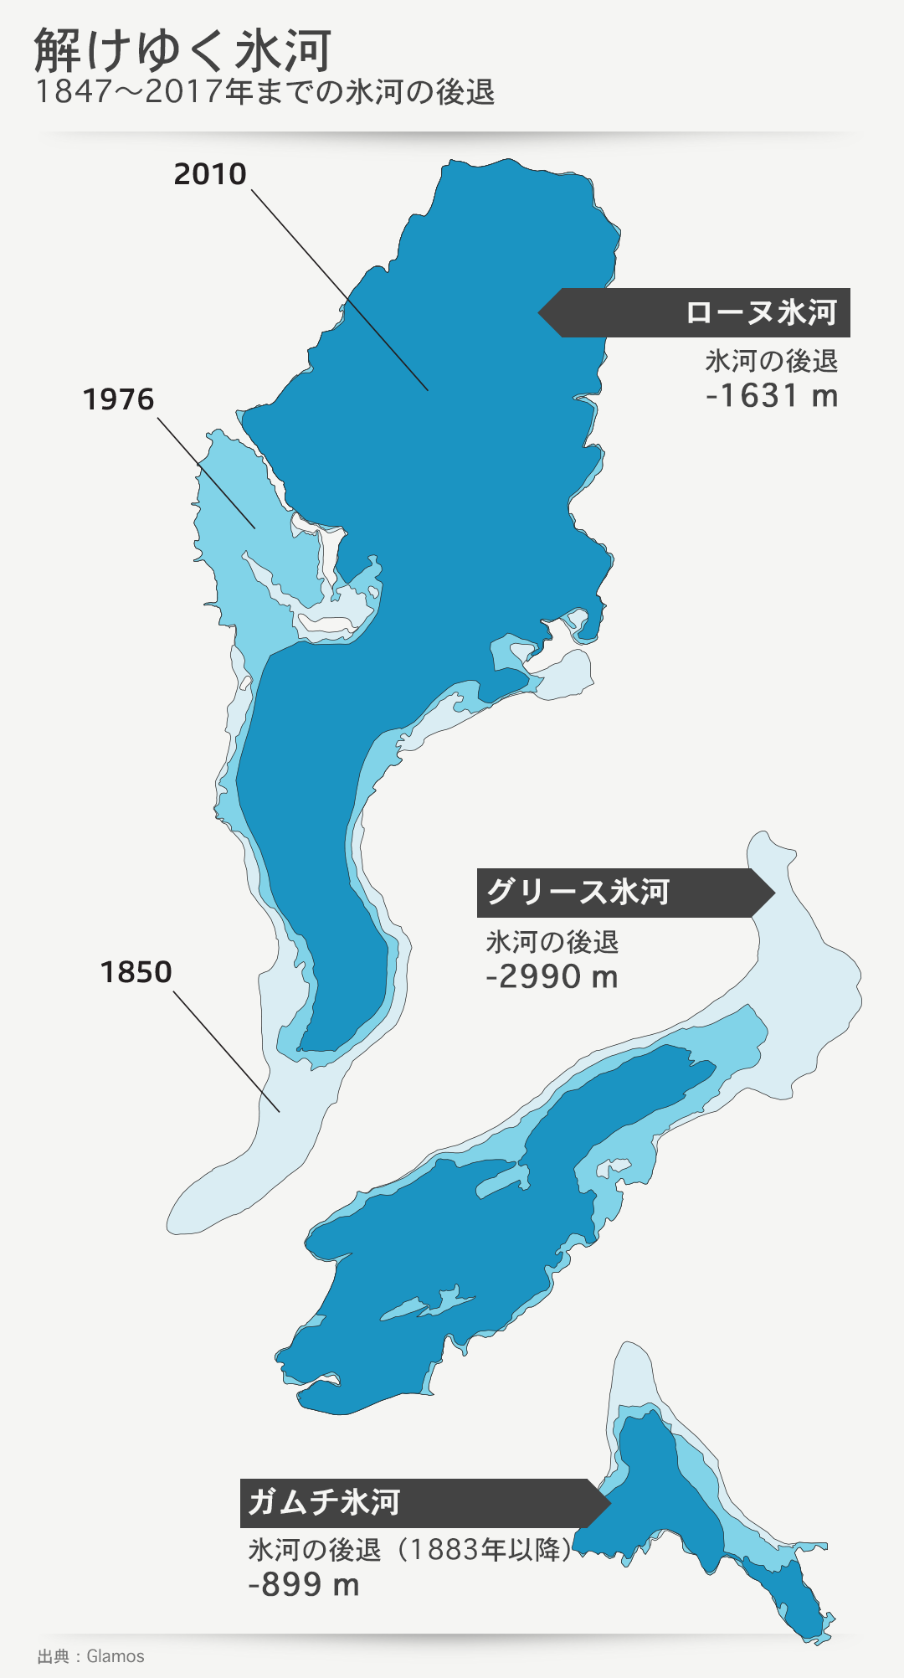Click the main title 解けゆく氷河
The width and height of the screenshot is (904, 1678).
pos(182,50)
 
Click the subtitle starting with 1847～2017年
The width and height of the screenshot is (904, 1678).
pos(265,92)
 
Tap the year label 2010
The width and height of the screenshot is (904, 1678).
pos(210,174)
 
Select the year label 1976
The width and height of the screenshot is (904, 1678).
pos(118,399)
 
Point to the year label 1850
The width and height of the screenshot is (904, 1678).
pos(136,972)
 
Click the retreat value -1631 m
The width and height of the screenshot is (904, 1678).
pos(771,395)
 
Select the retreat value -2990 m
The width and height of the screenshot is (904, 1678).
pos(552,977)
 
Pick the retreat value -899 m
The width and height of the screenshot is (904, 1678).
pos(303,1585)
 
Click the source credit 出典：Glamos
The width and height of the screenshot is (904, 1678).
pos(90,1656)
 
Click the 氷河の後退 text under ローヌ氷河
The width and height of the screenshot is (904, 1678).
pos(771,361)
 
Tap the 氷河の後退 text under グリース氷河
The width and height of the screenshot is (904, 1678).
pos(552,942)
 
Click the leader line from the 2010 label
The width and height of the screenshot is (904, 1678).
pos(339,290)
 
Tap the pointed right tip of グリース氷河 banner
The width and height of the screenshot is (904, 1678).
pos(773,893)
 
